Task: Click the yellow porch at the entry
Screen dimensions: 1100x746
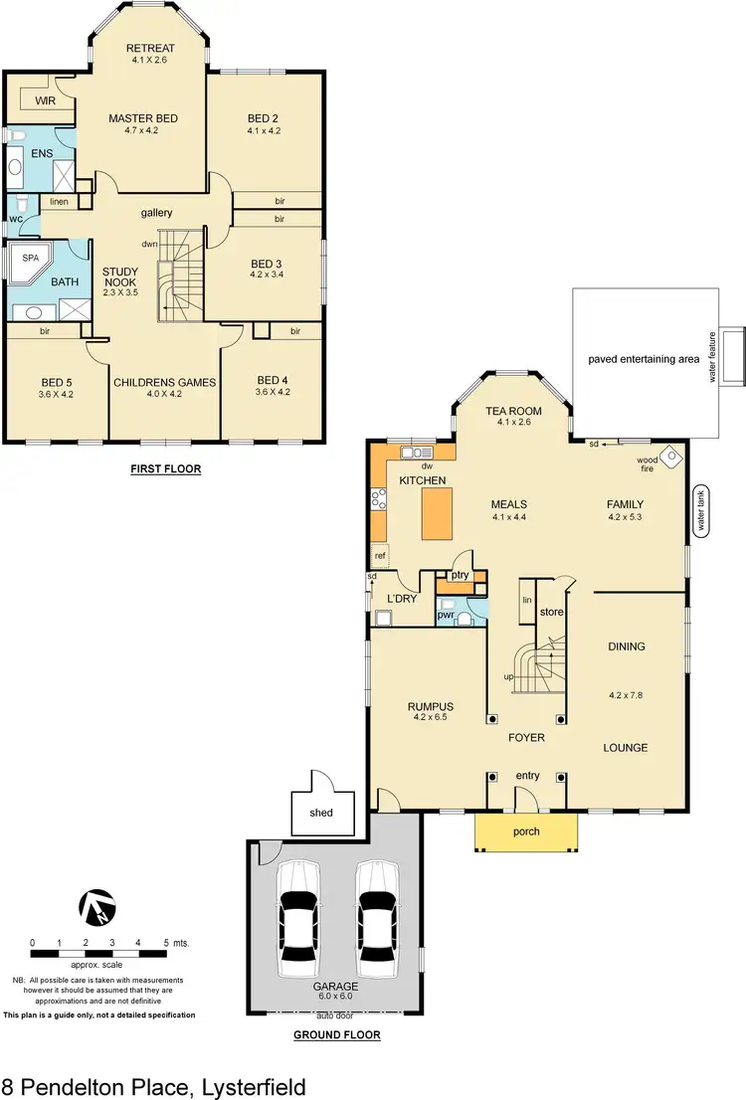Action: pyautogui.click(x=526, y=831)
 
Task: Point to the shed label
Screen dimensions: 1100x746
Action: pyautogui.click(x=320, y=812)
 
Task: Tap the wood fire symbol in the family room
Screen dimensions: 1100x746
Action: pyautogui.click(x=673, y=457)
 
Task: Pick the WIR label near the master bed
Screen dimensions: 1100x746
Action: pyautogui.click(x=45, y=101)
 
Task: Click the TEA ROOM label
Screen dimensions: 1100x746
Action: pyautogui.click(x=513, y=411)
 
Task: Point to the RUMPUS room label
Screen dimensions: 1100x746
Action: pyautogui.click(x=431, y=708)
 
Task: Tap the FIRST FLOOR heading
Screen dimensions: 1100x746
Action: pyautogui.click(x=165, y=467)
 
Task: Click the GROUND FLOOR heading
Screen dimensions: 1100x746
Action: pyautogui.click(x=337, y=1034)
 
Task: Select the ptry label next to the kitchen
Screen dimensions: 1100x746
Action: pyautogui.click(x=459, y=575)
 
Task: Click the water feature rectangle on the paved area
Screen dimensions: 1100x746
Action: pyautogui.click(x=734, y=357)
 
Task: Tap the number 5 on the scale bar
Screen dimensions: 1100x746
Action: pyautogui.click(x=165, y=942)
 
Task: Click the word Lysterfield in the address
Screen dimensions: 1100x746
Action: pyautogui.click(x=238, y=1086)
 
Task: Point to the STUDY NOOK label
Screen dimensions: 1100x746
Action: pyautogui.click(x=119, y=277)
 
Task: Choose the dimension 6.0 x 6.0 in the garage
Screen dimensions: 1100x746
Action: pyautogui.click(x=338, y=996)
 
